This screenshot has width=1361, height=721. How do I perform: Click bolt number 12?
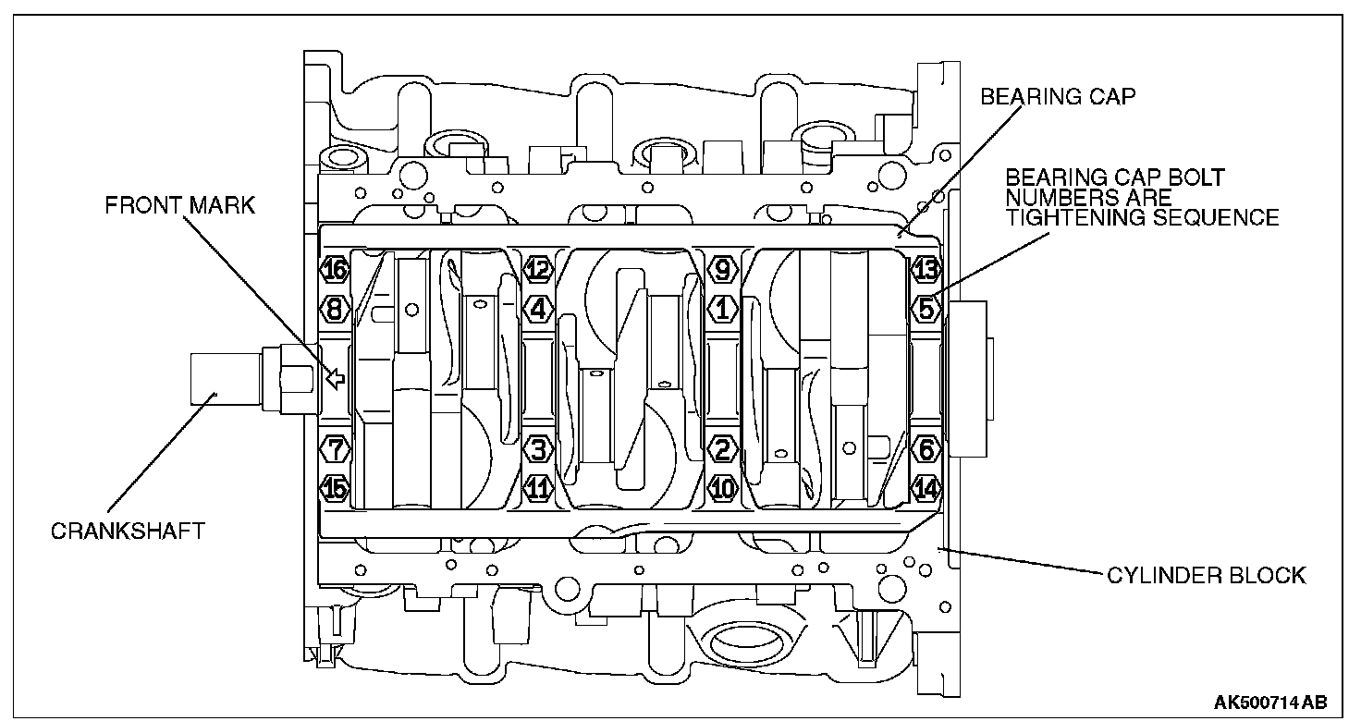point(537,270)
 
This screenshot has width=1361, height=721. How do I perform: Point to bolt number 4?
point(537,307)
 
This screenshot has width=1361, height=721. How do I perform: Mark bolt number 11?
point(537,486)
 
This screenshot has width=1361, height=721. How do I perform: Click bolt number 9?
point(722,270)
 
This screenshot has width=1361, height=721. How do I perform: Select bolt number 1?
point(722,307)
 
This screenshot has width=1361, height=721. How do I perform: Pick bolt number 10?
point(722,486)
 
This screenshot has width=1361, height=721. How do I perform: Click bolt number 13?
point(926,270)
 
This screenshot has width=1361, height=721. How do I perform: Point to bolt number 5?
point(926,307)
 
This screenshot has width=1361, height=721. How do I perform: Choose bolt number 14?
point(926,486)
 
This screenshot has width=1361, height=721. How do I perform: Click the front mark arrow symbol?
point(336,377)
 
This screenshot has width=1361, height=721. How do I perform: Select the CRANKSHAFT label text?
point(128,532)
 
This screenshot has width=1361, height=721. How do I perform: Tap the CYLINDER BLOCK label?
point(1207,576)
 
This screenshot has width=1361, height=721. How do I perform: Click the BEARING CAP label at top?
point(1058,97)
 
